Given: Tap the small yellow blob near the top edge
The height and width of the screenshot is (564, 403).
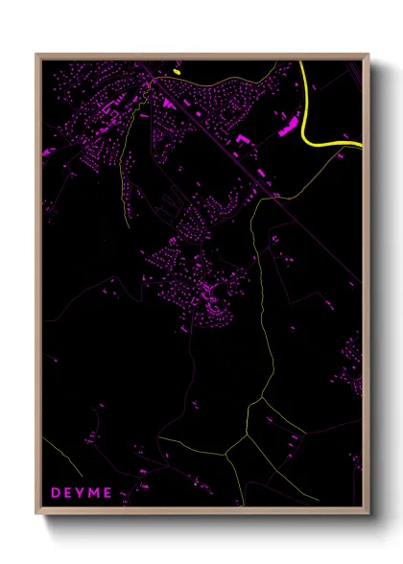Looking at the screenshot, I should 177,71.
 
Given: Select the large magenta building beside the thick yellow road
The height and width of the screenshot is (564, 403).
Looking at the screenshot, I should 289,128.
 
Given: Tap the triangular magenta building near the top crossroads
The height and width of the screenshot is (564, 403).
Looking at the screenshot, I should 168,102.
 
